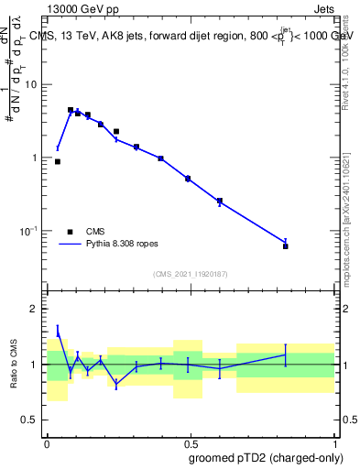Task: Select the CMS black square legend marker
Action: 71,232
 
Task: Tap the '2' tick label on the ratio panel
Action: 35,309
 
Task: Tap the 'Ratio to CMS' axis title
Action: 14,365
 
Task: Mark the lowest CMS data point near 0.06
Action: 286,246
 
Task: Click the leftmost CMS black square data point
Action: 58,161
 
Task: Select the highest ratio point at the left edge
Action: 58,331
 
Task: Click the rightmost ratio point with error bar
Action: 286,354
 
